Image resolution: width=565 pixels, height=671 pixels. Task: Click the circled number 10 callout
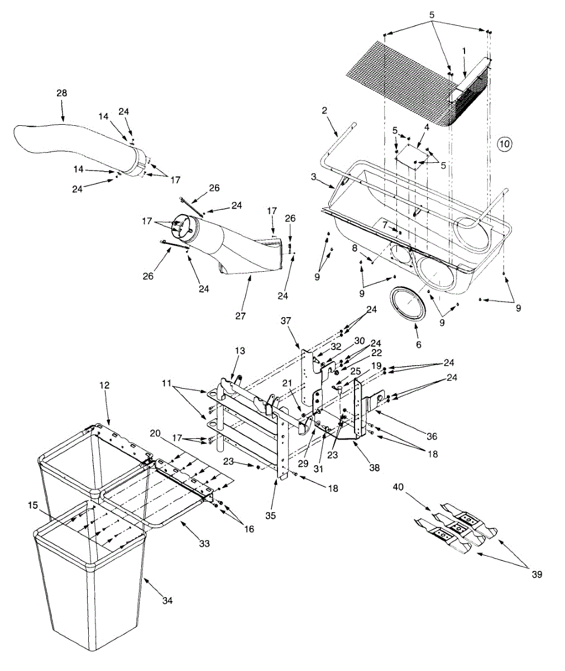504,144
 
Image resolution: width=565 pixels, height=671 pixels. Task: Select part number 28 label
61,93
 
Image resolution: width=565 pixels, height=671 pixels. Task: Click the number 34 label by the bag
167,601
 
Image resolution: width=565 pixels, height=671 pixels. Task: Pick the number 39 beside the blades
537,574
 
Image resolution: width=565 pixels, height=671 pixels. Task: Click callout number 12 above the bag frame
105,386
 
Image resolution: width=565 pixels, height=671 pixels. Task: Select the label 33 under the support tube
204,543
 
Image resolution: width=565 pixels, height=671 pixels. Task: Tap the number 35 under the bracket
270,516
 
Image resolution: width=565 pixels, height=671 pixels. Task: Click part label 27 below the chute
241,316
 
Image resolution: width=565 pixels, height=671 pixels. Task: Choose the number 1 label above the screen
464,51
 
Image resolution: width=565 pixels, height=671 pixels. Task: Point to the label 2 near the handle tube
324,110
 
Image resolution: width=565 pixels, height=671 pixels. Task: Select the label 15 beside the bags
33,505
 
